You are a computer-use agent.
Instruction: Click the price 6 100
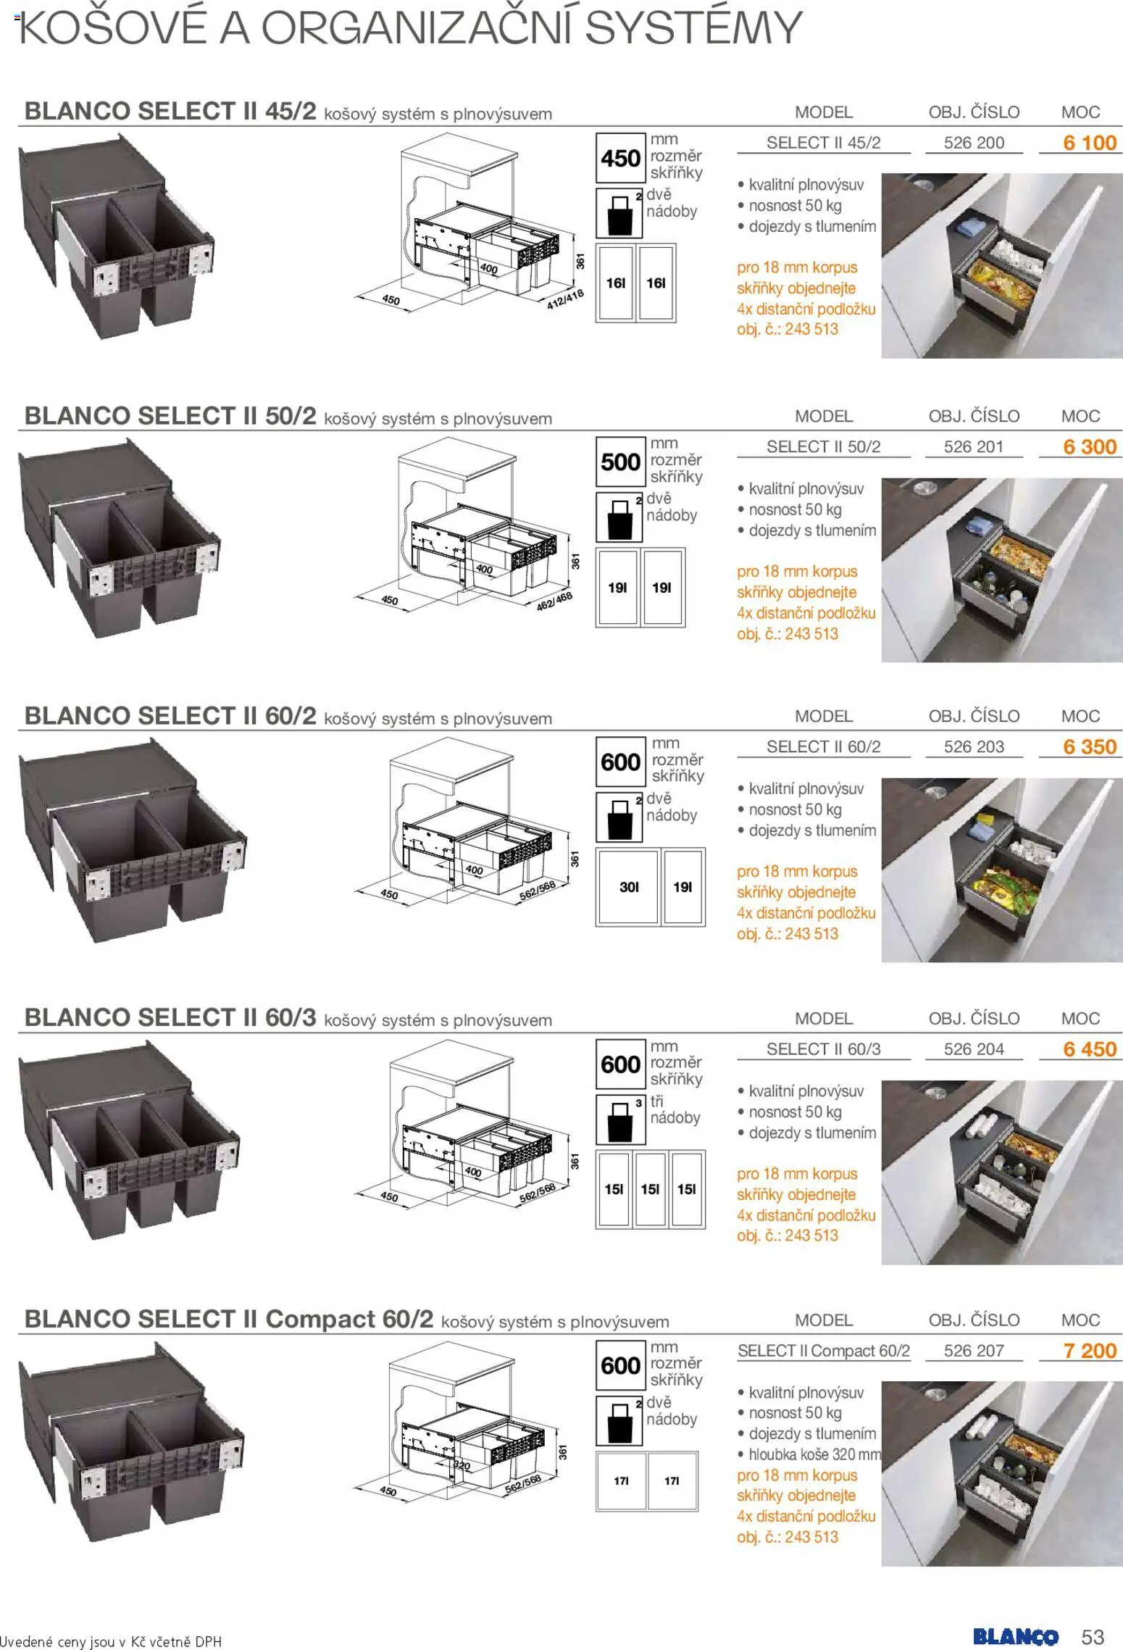tap(1090, 143)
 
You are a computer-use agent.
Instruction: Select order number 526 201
tap(974, 447)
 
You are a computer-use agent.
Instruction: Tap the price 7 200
tap(1090, 1351)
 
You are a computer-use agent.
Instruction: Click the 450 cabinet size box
tap(620, 158)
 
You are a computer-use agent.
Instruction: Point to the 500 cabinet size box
tap(620, 462)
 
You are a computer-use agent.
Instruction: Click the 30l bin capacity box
tap(629, 887)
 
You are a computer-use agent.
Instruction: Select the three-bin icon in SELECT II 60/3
tap(620, 1120)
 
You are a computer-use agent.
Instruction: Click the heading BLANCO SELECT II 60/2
tap(170, 716)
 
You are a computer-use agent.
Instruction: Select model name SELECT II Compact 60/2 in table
tap(824, 1351)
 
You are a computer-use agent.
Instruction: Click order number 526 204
tap(974, 1049)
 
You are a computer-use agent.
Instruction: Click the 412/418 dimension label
tap(565, 299)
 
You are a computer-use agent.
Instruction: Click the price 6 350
tap(1090, 747)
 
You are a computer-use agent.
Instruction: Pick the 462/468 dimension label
tap(554, 601)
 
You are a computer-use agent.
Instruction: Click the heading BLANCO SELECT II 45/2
tap(170, 111)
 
